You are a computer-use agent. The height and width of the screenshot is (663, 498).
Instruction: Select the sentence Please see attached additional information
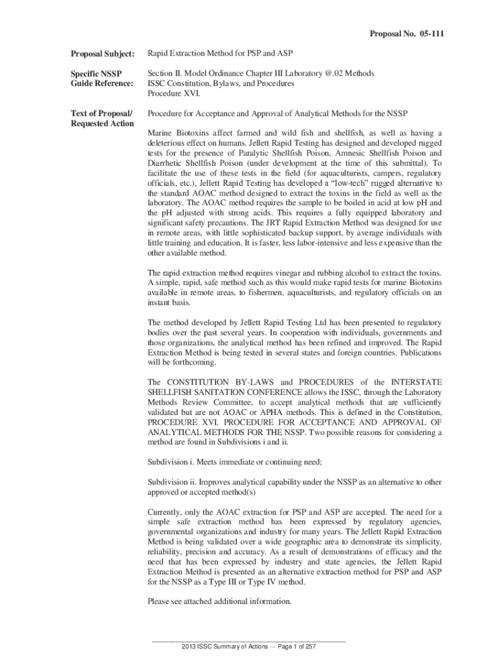click(x=220, y=601)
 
